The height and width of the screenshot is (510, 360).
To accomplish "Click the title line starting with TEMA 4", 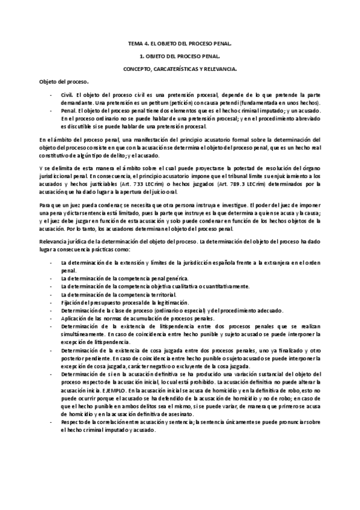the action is pos(180,44).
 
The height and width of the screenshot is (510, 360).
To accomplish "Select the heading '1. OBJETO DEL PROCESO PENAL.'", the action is pos(180,56).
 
